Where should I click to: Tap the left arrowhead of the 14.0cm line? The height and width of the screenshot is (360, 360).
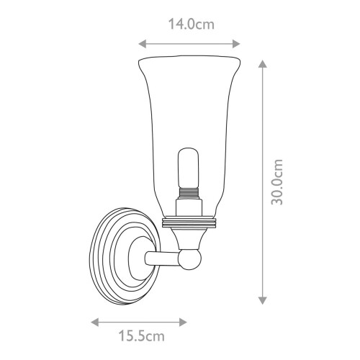(x=140, y=42)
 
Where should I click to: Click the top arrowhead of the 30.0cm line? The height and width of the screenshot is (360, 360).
(x=264, y=64)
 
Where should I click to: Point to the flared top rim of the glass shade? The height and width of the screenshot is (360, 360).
(x=189, y=58)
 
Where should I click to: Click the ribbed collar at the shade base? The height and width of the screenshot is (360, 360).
(x=189, y=222)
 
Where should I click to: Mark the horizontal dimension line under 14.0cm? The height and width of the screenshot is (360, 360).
(x=189, y=42)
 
